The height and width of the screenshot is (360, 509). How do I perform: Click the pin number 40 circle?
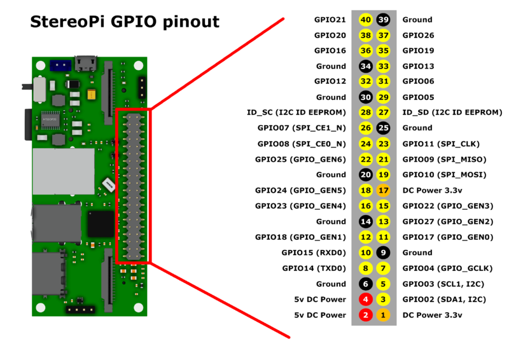click(366, 20)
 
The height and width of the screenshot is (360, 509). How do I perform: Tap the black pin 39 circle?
click(383, 20)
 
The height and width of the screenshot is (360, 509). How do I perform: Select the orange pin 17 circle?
click(383, 190)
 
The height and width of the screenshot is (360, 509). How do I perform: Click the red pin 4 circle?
click(366, 299)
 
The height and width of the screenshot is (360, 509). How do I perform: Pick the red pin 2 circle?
click(366, 315)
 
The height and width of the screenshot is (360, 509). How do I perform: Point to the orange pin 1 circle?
click(383, 315)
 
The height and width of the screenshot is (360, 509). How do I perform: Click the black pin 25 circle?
click(383, 128)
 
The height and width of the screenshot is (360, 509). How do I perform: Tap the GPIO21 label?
click(330, 20)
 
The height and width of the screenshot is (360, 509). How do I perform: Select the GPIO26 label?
click(419, 36)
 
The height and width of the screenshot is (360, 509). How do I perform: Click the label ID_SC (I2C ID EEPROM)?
click(296, 113)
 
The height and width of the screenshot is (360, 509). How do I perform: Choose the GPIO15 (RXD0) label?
click(314, 253)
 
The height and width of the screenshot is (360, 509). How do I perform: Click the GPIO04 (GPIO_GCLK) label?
click(438, 268)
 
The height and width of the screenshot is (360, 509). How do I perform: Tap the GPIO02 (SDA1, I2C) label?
click(435, 299)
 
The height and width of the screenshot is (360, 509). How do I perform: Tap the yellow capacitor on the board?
click(92, 95)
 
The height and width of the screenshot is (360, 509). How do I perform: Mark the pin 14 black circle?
click(366, 221)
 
